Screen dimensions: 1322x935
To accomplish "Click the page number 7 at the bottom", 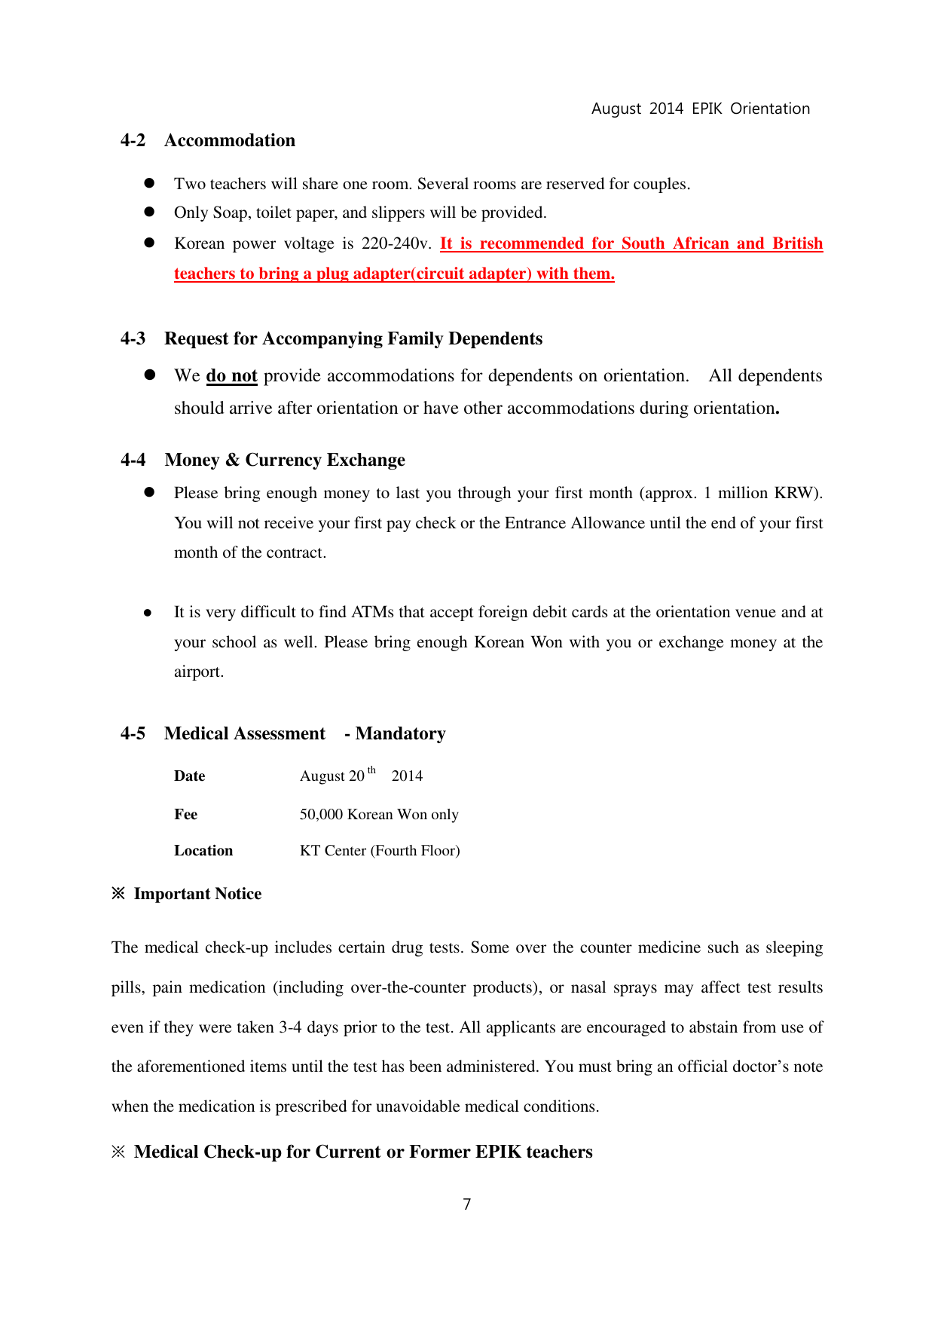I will [467, 1204].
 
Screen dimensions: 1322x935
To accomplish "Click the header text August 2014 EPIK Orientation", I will [700, 109].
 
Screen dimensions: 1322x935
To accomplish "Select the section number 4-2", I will [133, 141].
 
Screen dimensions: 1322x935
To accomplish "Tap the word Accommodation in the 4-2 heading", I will [230, 141].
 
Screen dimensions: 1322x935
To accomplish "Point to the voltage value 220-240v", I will [396, 243].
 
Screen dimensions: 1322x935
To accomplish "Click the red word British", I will [797, 243].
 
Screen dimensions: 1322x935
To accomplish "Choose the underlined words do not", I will [231, 376].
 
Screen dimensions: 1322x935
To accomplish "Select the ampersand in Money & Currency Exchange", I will [232, 460].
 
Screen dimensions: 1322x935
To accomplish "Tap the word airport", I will [198, 672].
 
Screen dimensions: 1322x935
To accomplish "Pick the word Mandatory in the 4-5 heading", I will [400, 733].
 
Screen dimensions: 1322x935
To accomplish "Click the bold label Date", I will [189, 776].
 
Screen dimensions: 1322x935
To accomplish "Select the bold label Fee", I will [185, 814].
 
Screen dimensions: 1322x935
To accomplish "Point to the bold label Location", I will [203, 851].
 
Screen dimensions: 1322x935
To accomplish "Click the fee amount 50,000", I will [321, 814].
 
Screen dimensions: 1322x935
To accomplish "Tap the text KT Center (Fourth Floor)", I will [380, 851].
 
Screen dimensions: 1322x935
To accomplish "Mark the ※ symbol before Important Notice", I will [118, 894].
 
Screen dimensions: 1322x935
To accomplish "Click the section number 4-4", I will [133, 460].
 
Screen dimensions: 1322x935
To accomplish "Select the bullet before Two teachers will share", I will [149, 183].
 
